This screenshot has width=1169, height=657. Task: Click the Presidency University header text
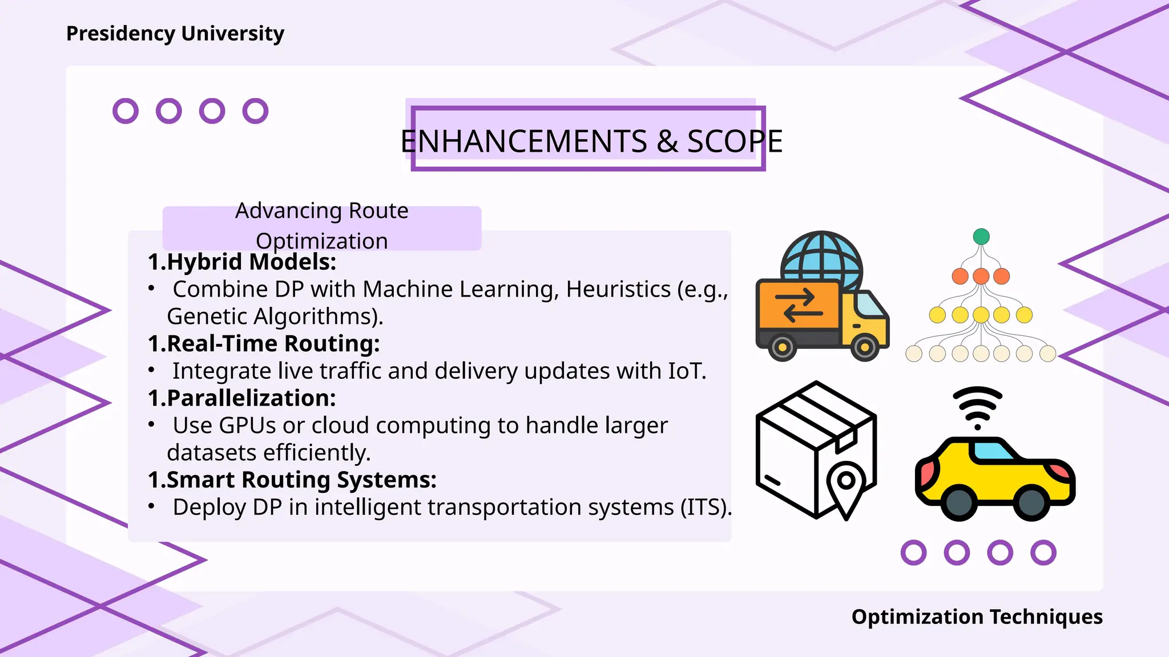pyautogui.click(x=175, y=34)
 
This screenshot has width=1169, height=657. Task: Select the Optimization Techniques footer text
pyautogui.click(x=977, y=617)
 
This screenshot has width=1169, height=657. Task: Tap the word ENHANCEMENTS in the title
pyautogui.click(x=523, y=141)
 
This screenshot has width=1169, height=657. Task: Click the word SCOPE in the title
pyautogui.click(x=735, y=141)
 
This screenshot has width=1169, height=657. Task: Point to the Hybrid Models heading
pyautogui.click(x=242, y=262)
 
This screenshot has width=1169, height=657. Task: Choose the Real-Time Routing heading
pyautogui.click(x=264, y=343)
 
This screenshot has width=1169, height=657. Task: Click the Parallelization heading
pyautogui.click(x=242, y=398)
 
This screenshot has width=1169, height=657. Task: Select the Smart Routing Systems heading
pyautogui.click(x=292, y=480)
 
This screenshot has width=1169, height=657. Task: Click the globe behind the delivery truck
pyautogui.click(x=822, y=257)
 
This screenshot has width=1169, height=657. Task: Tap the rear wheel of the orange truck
pyautogui.click(x=783, y=346)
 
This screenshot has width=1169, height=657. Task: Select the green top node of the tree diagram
pyautogui.click(x=981, y=236)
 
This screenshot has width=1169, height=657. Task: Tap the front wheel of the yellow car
pyautogui.click(x=1031, y=502)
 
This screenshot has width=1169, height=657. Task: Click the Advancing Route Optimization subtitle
pyautogui.click(x=322, y=226)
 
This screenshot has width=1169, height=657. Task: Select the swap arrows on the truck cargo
pyautogui.click(x=799, y=305)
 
